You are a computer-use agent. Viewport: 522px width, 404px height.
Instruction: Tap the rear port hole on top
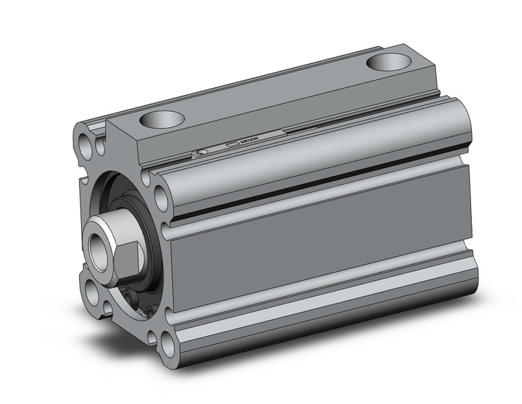[x=387, y=63]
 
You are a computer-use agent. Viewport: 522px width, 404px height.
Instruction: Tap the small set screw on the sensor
[x=201, y=152]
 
